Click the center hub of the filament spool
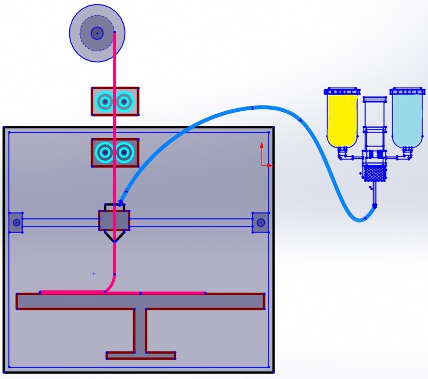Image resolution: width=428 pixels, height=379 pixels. pyautogui.click(x=97, y=33)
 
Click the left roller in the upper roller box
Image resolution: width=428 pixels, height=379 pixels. pyautogui.click(x=105, y=101)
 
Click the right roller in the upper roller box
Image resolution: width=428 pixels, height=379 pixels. pyautogui.click(x=124, y=101)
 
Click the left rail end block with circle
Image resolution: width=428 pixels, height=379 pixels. pyautogui.click(x=16, y=223)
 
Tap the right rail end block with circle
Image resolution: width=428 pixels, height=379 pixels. pyautogui.click(x=261, y=223)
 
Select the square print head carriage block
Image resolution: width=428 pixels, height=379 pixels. pyautogui.click(x=114, y=220)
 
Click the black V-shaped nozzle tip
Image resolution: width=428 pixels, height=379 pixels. pyautogui.click(x=114, y=237)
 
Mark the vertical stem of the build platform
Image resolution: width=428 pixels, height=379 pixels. pyautogui.click(x=140, y=330)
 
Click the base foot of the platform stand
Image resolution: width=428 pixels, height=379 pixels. pyautogui.click(x=141, y=356)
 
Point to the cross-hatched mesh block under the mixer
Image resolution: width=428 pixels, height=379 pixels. pyautogui.click(x=375, y=172)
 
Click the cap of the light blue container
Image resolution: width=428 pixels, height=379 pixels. pyautogui.click(x=407, y=91)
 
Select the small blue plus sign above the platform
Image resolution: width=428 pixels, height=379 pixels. pyautogui.click(x=94, y=274)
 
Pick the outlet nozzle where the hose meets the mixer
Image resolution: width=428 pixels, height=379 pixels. pyautogui.click(x=375, y=205)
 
